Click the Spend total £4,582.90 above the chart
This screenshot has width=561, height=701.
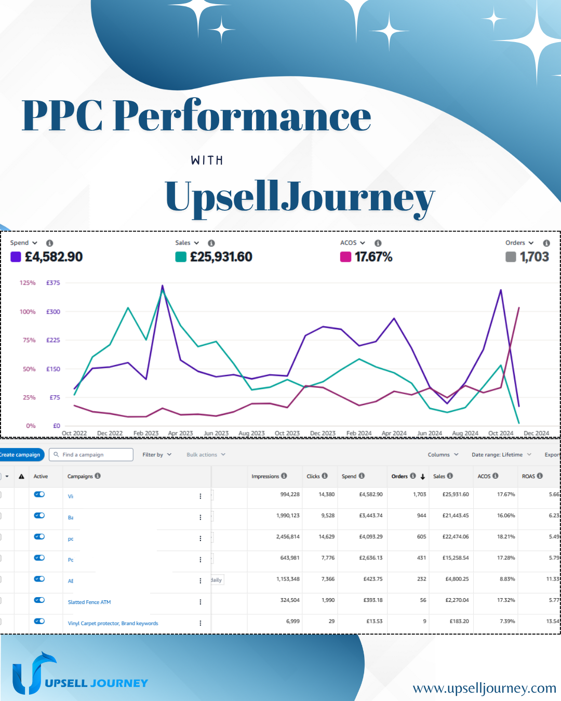point(54,257)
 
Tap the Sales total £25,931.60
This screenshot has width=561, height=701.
point(221,257)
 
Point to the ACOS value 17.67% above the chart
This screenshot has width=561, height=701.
point(373,257)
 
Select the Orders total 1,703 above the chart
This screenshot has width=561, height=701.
point(534,257)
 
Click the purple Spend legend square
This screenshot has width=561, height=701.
point(16,257)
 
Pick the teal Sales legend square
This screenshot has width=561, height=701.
point(181,257)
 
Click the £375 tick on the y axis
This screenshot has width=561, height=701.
point(53,283)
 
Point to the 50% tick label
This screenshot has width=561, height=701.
point(29,369)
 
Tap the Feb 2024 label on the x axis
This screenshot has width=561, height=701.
point(359,433)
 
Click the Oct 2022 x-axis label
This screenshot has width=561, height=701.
point(74,433)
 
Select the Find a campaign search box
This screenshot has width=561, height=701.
point(91,455)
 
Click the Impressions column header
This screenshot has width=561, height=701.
point(265,476)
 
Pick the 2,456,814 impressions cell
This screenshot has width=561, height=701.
point(288,537)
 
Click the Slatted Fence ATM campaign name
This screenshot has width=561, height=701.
point(89,602)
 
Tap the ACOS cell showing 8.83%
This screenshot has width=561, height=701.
point(507,579)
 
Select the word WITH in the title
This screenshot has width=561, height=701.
point(207,160)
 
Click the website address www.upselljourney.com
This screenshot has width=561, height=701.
point(484,689)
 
